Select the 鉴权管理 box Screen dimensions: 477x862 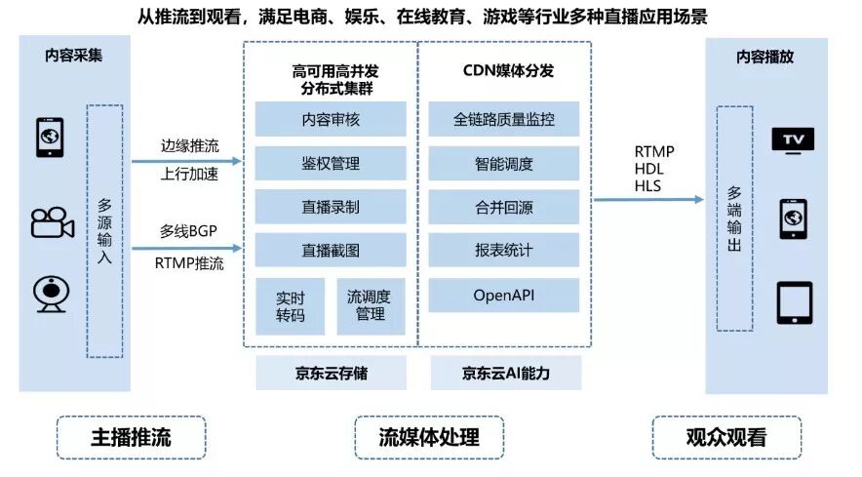[x=331, y=163]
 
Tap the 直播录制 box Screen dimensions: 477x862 [x=331, y=207]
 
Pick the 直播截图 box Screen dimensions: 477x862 [x=331, y=251]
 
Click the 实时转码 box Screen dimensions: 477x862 [x=291, y=305]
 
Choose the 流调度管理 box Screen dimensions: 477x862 [x=371, y=305]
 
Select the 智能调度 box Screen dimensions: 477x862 [x=504, y=163]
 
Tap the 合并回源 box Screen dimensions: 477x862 [x=504, y=207]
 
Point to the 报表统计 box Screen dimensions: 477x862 [x=504, y=251]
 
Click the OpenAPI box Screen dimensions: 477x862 [x=504, y=295]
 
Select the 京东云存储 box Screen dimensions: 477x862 [x=331, y=373]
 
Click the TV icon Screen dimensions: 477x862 [x=793, y=140]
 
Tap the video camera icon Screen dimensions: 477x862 [x=53, y=223]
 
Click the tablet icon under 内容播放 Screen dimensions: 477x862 [x=794, y=302]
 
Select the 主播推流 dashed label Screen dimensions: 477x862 [x=131, y=437]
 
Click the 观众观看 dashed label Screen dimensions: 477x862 [x=725, y=437]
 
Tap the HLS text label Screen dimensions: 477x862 [x=648, y=185]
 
